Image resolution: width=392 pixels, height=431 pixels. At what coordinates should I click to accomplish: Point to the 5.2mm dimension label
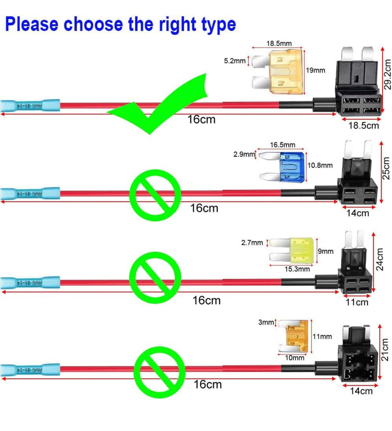tap(235, 61)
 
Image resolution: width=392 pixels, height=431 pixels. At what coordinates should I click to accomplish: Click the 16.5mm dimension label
tap(283, 145)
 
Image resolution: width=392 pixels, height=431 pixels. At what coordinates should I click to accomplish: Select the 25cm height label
tap(386, 168)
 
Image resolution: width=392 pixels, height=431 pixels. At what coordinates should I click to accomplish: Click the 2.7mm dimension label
tap(251, 242)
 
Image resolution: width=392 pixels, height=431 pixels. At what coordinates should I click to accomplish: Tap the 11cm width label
tap(357, 302)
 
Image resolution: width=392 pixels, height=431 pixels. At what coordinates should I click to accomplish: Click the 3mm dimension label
tap(267, 323)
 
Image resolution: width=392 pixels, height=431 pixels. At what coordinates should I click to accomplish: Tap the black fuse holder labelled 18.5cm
tap(358, 90)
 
